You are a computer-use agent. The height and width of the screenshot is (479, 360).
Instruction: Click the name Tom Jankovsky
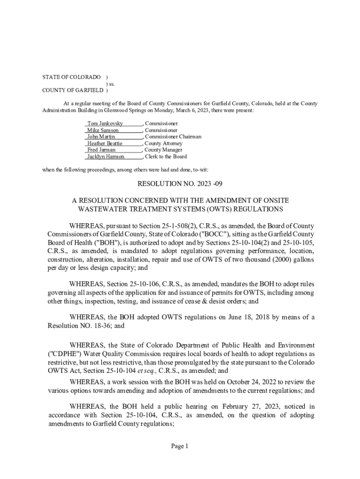(105, 123)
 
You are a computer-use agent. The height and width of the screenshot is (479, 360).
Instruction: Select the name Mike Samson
(102, 130)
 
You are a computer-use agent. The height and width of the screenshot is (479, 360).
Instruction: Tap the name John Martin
(101, 137)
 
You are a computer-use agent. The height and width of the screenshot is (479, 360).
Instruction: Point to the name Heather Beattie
(105, 143)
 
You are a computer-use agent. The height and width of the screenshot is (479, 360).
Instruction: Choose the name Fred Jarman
(101, 150)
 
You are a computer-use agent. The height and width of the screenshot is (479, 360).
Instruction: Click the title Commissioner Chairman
(173, 137)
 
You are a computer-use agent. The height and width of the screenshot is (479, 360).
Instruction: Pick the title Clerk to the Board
(166, 157)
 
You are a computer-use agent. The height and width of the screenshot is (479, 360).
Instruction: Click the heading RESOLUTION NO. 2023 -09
(180, 183)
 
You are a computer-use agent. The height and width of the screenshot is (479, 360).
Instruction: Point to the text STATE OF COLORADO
(72, 77)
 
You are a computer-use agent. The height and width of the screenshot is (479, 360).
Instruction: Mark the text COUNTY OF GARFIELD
(73, 90)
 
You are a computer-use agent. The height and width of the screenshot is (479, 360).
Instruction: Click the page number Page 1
(180, 446)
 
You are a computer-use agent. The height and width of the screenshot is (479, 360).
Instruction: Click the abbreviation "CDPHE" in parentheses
(64, 354)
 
